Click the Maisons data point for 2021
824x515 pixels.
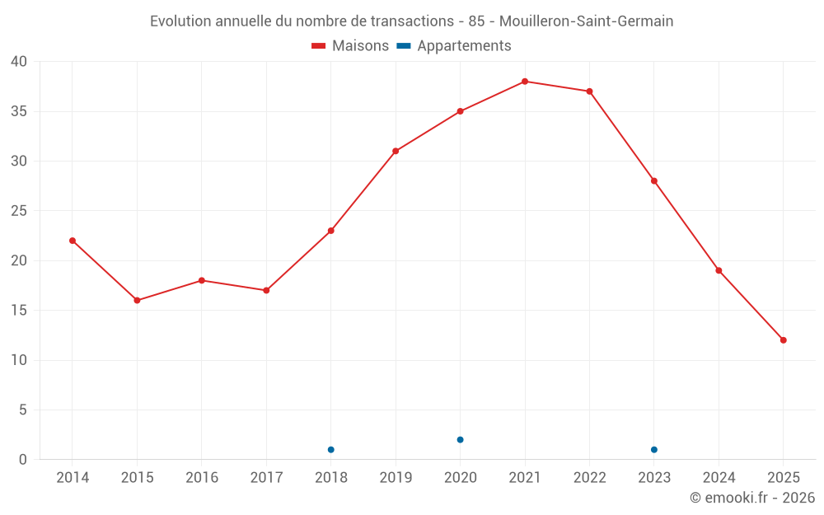tap(525, 82)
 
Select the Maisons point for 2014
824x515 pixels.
tap(73, 241)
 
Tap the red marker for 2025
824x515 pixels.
tap(784, 340)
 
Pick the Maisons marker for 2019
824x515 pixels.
tap(396, 151)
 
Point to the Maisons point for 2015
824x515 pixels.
tap(137, 300)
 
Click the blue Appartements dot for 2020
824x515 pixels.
tap(461, 440)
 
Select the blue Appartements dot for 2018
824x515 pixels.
tap(331, 450)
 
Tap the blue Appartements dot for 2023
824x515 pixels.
tap(654, 450)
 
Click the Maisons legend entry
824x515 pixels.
tap(350, 46)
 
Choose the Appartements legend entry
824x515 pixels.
tap(454, 46)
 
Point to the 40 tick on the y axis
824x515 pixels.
tap(19, 62)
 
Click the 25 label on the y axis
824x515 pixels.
tap(19, 211)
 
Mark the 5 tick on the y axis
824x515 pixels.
tap(22, 410)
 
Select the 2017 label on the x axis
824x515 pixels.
tap(266, 478)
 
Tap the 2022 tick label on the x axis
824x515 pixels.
tap(589, 478)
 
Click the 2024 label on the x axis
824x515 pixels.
tap(719, 478)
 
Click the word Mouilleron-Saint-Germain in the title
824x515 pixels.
tap(586, 21)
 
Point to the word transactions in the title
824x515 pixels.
tap(405, 21)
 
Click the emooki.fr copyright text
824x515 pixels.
tap(752, 498)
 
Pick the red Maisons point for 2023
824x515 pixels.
tap(654, 181)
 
